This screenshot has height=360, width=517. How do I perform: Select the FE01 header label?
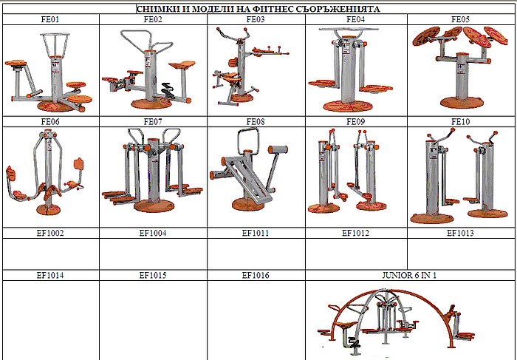50,19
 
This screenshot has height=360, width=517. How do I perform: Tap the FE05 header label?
460,19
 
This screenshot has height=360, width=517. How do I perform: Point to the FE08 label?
256,122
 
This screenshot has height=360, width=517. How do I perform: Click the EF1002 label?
50,233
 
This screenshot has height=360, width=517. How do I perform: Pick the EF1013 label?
460,233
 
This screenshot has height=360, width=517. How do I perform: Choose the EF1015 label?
153,275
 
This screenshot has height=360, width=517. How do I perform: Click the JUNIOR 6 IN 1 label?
409,275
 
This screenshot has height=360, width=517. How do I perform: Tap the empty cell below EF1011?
256,254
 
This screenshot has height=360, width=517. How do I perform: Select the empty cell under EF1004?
153,254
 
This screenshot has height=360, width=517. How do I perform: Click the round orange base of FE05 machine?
462,103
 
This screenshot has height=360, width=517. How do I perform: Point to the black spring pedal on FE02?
168,90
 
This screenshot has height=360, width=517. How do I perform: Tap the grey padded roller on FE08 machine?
278,149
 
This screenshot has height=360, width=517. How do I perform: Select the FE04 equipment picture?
350,70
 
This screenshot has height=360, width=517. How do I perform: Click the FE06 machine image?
45,171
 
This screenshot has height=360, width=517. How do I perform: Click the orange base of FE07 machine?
154,206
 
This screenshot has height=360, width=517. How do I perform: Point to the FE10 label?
460,122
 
